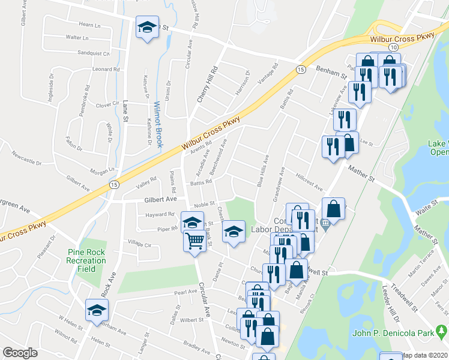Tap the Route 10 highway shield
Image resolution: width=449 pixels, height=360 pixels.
393,46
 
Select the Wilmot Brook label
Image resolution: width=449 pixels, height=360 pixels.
158,117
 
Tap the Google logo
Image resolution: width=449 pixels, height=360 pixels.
19,353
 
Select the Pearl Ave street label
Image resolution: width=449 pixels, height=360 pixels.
185,292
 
